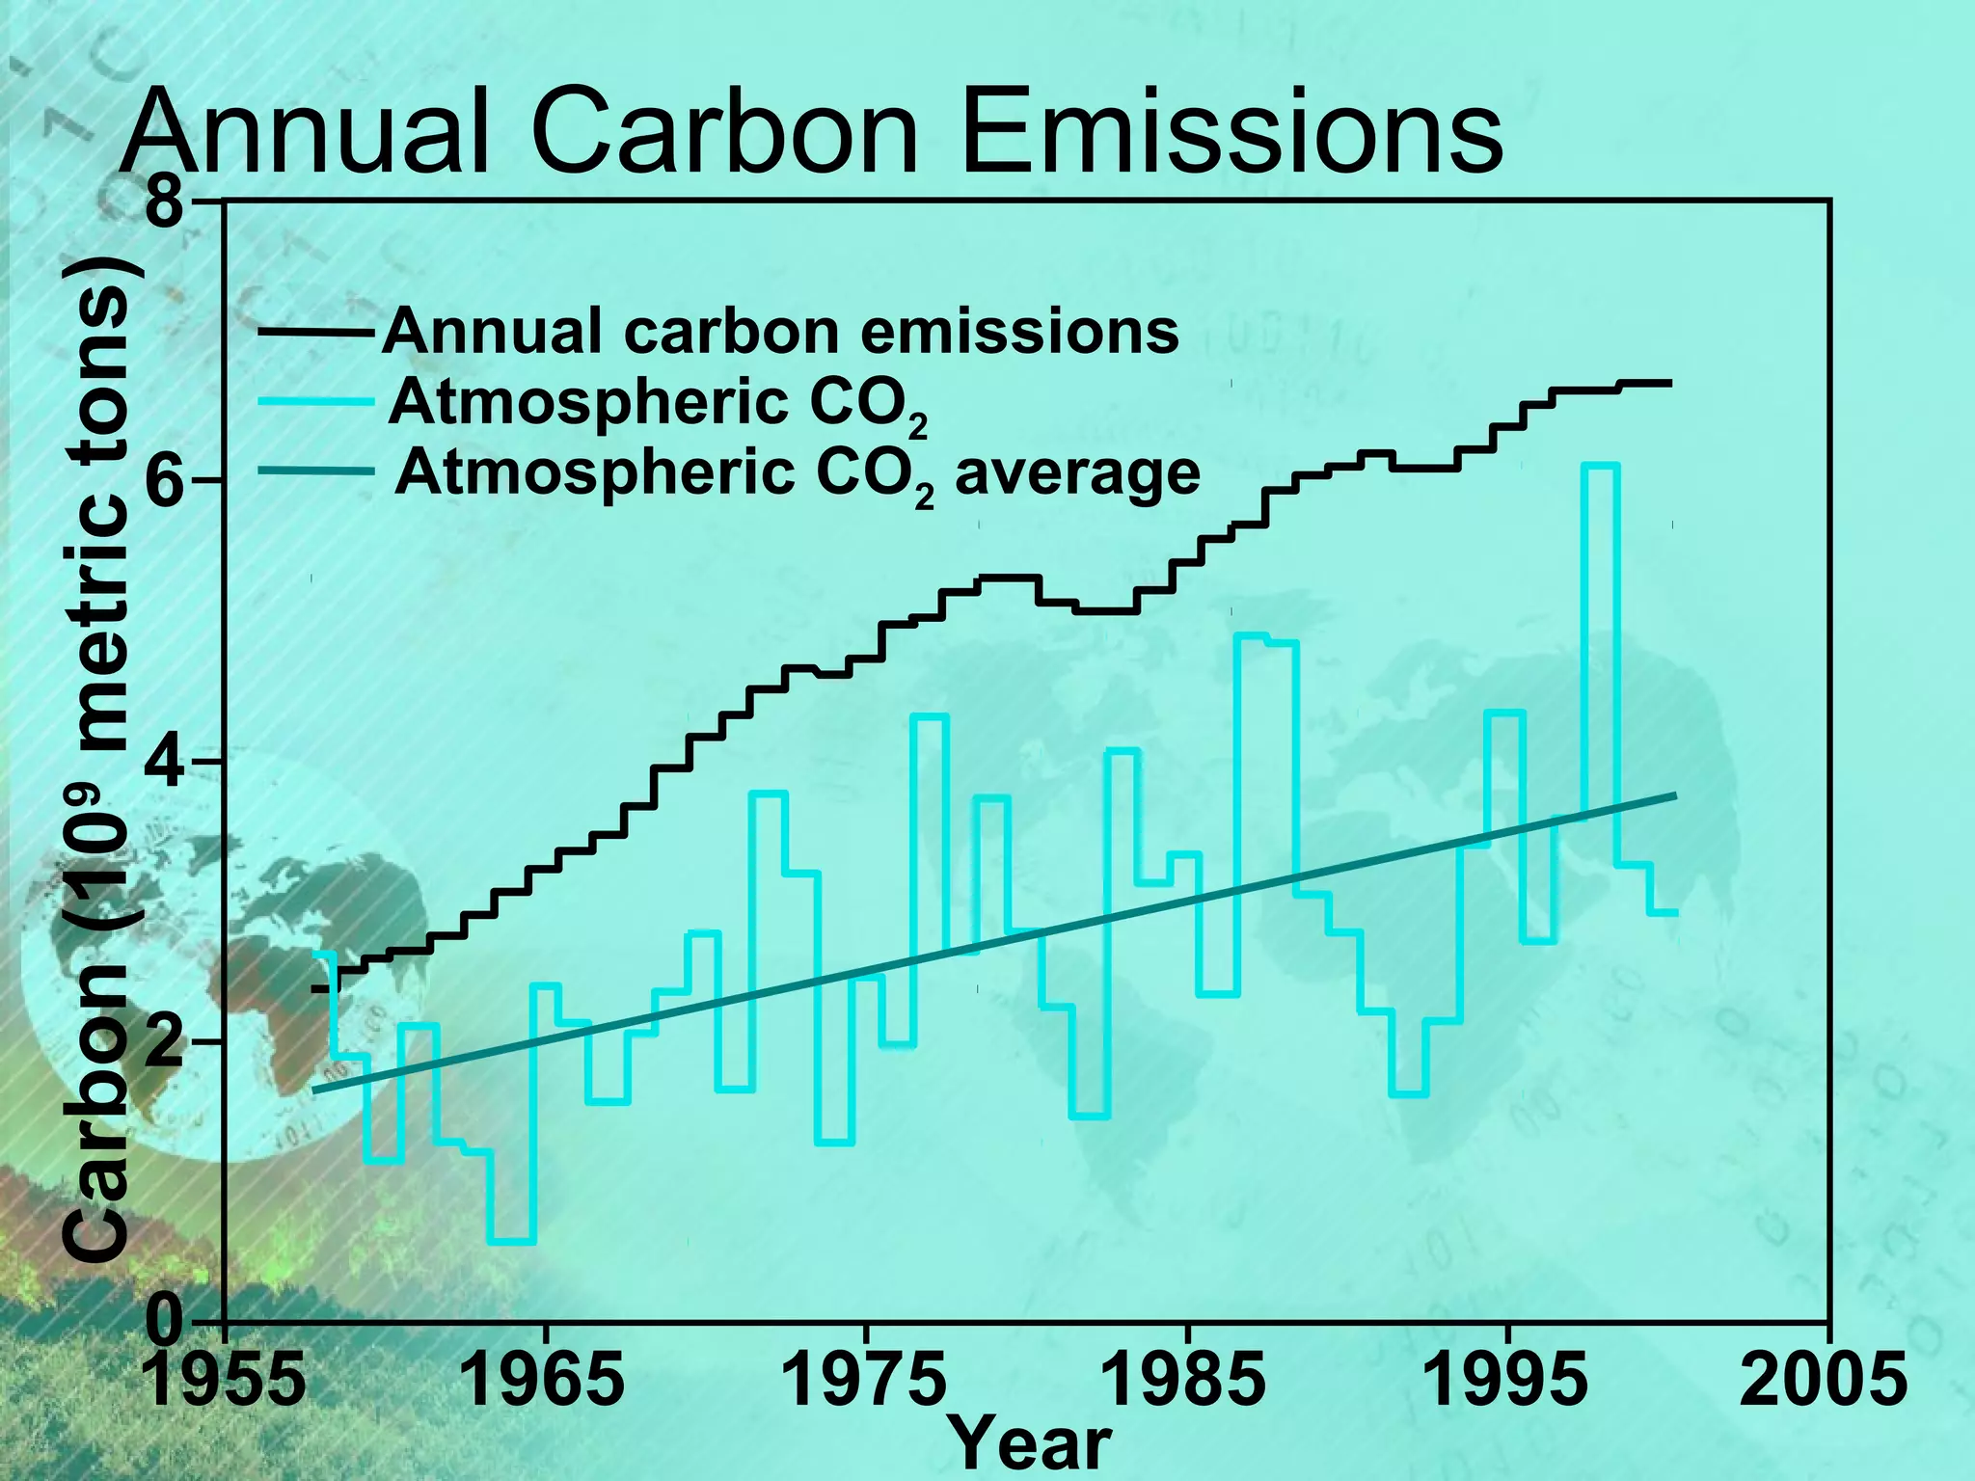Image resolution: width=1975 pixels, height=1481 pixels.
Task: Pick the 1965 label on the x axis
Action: pos(545,1381)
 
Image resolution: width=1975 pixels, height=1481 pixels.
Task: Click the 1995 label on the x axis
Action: pos(1506,1381)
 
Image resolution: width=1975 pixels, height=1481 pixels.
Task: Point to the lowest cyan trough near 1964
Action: pos(512,1242)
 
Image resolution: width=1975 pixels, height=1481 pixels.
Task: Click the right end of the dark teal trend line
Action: pos(1675,795)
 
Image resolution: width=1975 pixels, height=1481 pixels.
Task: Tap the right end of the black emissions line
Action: pos(1668,384)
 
